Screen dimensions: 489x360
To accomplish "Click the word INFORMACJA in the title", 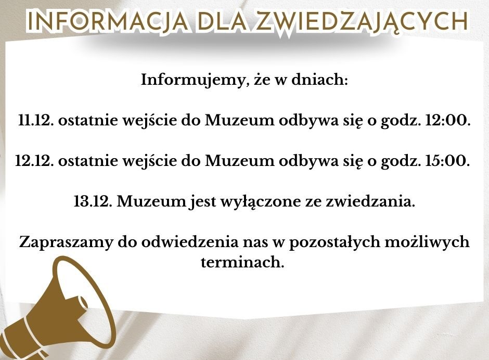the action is (108, 21).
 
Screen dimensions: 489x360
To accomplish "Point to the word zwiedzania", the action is (370, 201).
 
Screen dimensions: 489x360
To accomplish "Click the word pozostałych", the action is (334, 243).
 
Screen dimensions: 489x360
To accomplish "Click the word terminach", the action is (242, 262).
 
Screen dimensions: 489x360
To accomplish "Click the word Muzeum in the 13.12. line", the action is (151, 201).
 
